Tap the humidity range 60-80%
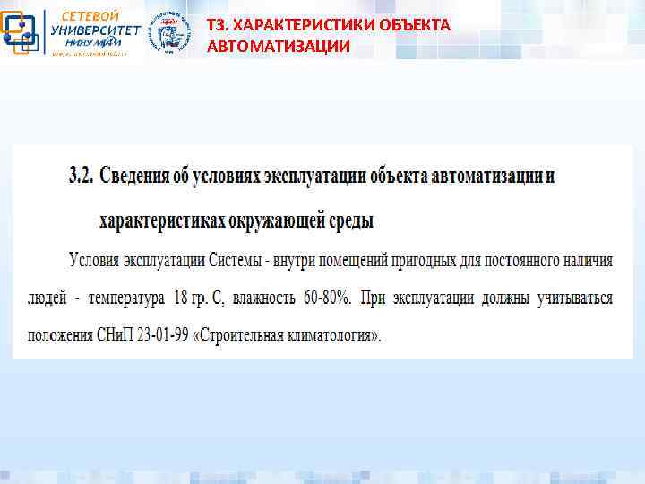328,298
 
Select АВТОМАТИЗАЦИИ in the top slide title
278,46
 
